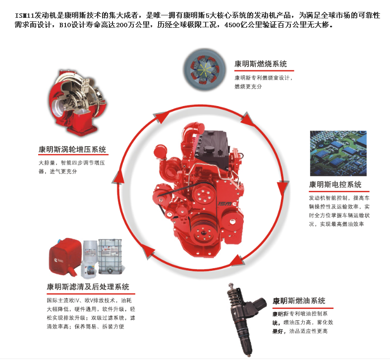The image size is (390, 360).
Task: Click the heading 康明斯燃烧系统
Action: click(261, 64)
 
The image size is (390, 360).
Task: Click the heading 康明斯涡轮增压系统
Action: click(72, 149)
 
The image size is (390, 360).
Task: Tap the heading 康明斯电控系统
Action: click(335, 184)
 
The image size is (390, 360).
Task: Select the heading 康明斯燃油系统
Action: click(299, 301)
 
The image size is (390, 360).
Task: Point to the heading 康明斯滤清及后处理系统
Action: click(88, 287)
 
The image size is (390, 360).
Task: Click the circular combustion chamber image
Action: click(205, 69)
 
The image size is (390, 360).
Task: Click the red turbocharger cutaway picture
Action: click(78, 103)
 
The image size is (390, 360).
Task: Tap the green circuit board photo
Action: click(338, 153)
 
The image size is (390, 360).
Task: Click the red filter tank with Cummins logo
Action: click(65, 256)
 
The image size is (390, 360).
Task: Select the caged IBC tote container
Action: click(111, 256)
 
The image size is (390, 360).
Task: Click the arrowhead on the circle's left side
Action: click(118, 178)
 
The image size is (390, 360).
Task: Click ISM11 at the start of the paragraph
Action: click(25, 15)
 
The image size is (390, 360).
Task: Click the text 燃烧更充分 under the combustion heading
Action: click(248, 86)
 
